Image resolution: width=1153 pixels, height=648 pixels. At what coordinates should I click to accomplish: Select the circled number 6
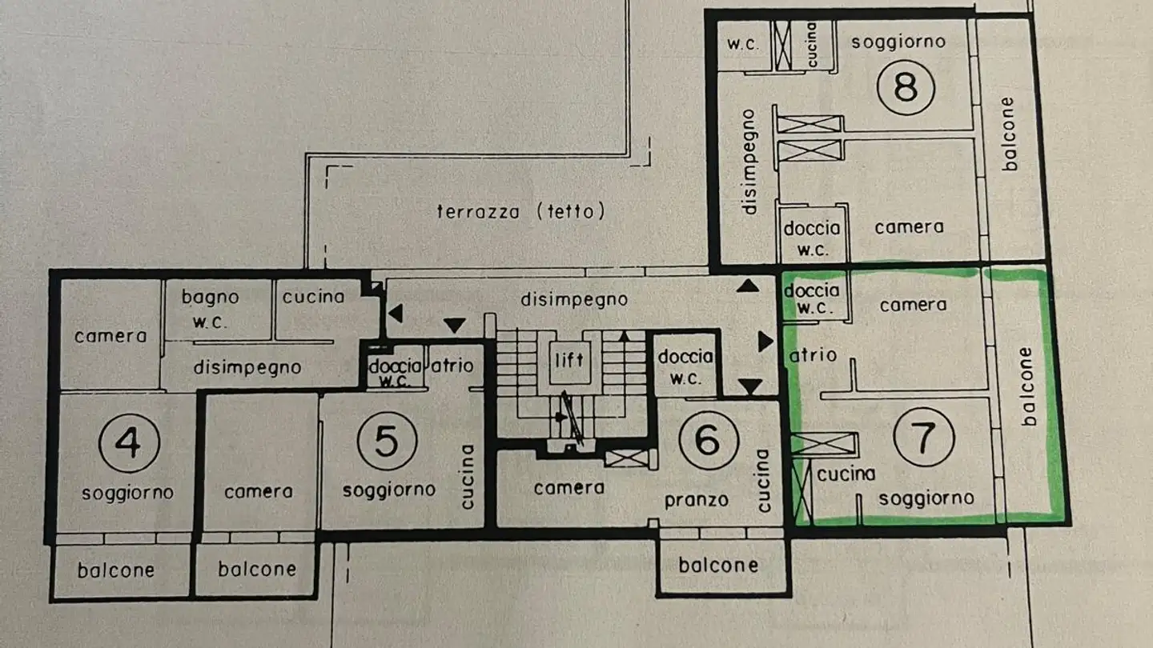(x=707, y=439)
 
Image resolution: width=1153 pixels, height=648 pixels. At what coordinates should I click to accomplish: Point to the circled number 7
(x=924, y=437)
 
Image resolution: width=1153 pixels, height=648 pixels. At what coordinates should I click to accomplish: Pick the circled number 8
(x=906, y=86)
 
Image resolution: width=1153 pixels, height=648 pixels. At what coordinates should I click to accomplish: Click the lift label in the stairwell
(x=569, y=359)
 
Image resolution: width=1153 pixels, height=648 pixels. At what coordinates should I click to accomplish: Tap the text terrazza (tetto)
(x=521, y=211)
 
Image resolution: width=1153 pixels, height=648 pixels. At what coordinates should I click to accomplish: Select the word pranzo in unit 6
(x=697, y=501)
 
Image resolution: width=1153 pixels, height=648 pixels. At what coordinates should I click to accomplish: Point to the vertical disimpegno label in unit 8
(x=749, y=162)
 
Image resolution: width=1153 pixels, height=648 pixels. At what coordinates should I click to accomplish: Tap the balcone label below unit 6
(x=718, y=565)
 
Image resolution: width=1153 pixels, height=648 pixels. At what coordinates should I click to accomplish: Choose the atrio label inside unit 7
(x=813, y=354)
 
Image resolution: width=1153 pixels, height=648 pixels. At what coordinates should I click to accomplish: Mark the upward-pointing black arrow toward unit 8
(x=747, y=285)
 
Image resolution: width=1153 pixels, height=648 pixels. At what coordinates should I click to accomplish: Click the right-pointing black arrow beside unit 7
(x=765, y=342)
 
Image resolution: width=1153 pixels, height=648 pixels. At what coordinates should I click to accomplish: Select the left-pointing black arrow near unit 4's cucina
(x=395, y=313)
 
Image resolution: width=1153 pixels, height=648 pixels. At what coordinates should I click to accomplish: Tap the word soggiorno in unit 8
(x=898, y=42)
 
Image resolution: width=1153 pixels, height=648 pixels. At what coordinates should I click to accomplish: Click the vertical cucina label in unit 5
(x=468, y=477)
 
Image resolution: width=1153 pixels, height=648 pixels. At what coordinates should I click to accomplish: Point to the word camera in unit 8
(x=909, y=227)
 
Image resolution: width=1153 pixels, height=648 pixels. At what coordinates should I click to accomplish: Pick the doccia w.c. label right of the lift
(x=685, y=366)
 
